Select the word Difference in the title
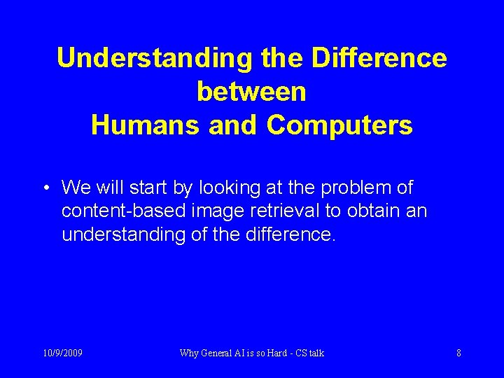tap(379, 58)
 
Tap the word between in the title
tap(251, 92)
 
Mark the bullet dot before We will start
tap(45, 188)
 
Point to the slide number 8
tap(458, 353)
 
